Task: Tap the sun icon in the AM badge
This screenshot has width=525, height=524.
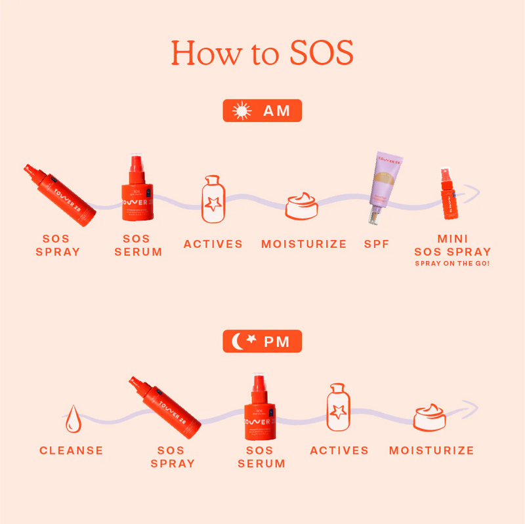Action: point(243,111)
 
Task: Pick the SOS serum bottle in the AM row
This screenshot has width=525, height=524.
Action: point(136,190)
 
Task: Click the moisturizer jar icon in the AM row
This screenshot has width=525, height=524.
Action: point(302,205)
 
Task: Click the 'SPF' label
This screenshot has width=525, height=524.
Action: point(377,244)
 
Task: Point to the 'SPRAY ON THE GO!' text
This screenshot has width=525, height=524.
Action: point(453,264)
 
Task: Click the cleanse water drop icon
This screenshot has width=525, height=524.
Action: point(72,418)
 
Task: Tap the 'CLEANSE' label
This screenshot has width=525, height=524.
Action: point(72,451)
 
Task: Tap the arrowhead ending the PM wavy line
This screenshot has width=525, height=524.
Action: point(471,408)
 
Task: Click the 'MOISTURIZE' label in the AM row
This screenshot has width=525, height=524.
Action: point(304,244)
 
